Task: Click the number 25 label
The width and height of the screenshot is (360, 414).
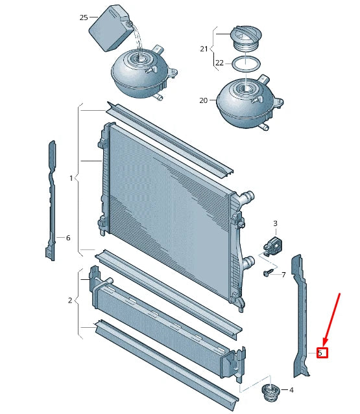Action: [84, 17]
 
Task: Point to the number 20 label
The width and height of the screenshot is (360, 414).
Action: [203, 100]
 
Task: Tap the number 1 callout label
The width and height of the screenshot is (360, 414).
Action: [72, 178]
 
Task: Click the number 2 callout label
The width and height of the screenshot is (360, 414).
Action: [70, 300]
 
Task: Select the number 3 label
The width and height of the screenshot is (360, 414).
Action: [275, 224]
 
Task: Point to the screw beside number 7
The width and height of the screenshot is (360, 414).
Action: [267, 274]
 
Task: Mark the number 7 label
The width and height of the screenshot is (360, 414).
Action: [283, 275]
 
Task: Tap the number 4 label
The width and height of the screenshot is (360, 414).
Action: [291, 390]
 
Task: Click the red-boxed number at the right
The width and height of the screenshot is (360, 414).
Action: [321, 353]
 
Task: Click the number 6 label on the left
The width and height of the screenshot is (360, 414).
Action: [67, 238]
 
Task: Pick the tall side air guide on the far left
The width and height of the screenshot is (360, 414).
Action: [51, 201]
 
